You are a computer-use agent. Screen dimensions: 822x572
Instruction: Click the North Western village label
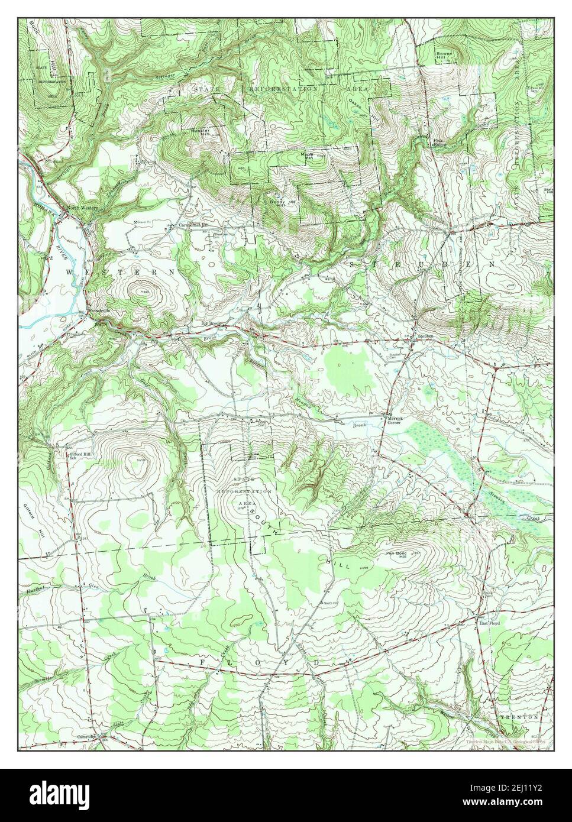(x=83, y=208)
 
